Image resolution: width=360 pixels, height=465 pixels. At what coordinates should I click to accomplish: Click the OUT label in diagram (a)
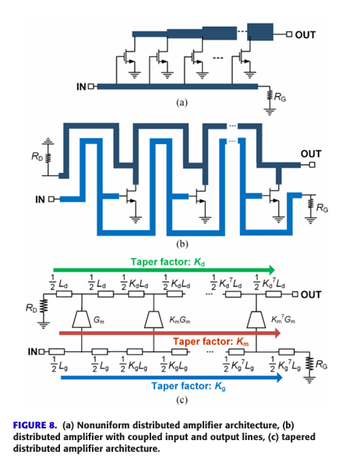[x=305, y=35]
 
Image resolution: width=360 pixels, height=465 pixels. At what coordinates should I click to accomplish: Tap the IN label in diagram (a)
[x=81, y=86]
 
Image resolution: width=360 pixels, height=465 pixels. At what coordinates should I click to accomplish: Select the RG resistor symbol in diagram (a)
[x=270, y=96]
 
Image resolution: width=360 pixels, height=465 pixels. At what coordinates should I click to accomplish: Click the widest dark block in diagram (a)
[x=260, y=32]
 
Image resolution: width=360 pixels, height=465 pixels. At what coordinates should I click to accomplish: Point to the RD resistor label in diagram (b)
[x=37, y=156]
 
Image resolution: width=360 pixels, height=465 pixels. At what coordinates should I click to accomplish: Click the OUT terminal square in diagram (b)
[x=312, y=164]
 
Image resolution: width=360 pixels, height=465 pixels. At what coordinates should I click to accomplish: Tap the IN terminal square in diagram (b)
[x=51, y=199]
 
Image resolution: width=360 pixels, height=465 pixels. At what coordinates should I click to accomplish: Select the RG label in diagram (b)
[x=322, y=208]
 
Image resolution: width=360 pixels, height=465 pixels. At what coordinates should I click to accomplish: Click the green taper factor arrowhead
[x=271, y=269]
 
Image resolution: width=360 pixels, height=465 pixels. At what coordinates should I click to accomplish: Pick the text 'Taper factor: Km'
[x=211, y=342]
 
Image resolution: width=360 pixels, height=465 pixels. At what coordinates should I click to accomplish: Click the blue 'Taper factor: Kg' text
[x=189, y=386]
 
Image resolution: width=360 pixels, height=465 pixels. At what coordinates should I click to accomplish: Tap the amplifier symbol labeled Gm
[x=82, y=319]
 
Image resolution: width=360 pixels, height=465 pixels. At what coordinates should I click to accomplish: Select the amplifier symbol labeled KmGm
[x=154, y=319]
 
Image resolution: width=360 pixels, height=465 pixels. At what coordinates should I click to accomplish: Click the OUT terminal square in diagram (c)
[x=295, y=294]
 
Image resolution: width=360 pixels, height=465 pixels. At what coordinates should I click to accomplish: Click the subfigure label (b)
[x=182, y=244]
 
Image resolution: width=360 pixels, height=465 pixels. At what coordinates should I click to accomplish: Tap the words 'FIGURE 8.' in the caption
[x=35, y=425]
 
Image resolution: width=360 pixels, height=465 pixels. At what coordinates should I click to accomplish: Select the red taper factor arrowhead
[x=277, y=333]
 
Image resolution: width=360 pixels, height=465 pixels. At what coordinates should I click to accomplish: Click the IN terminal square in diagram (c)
[x=41, y=352]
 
